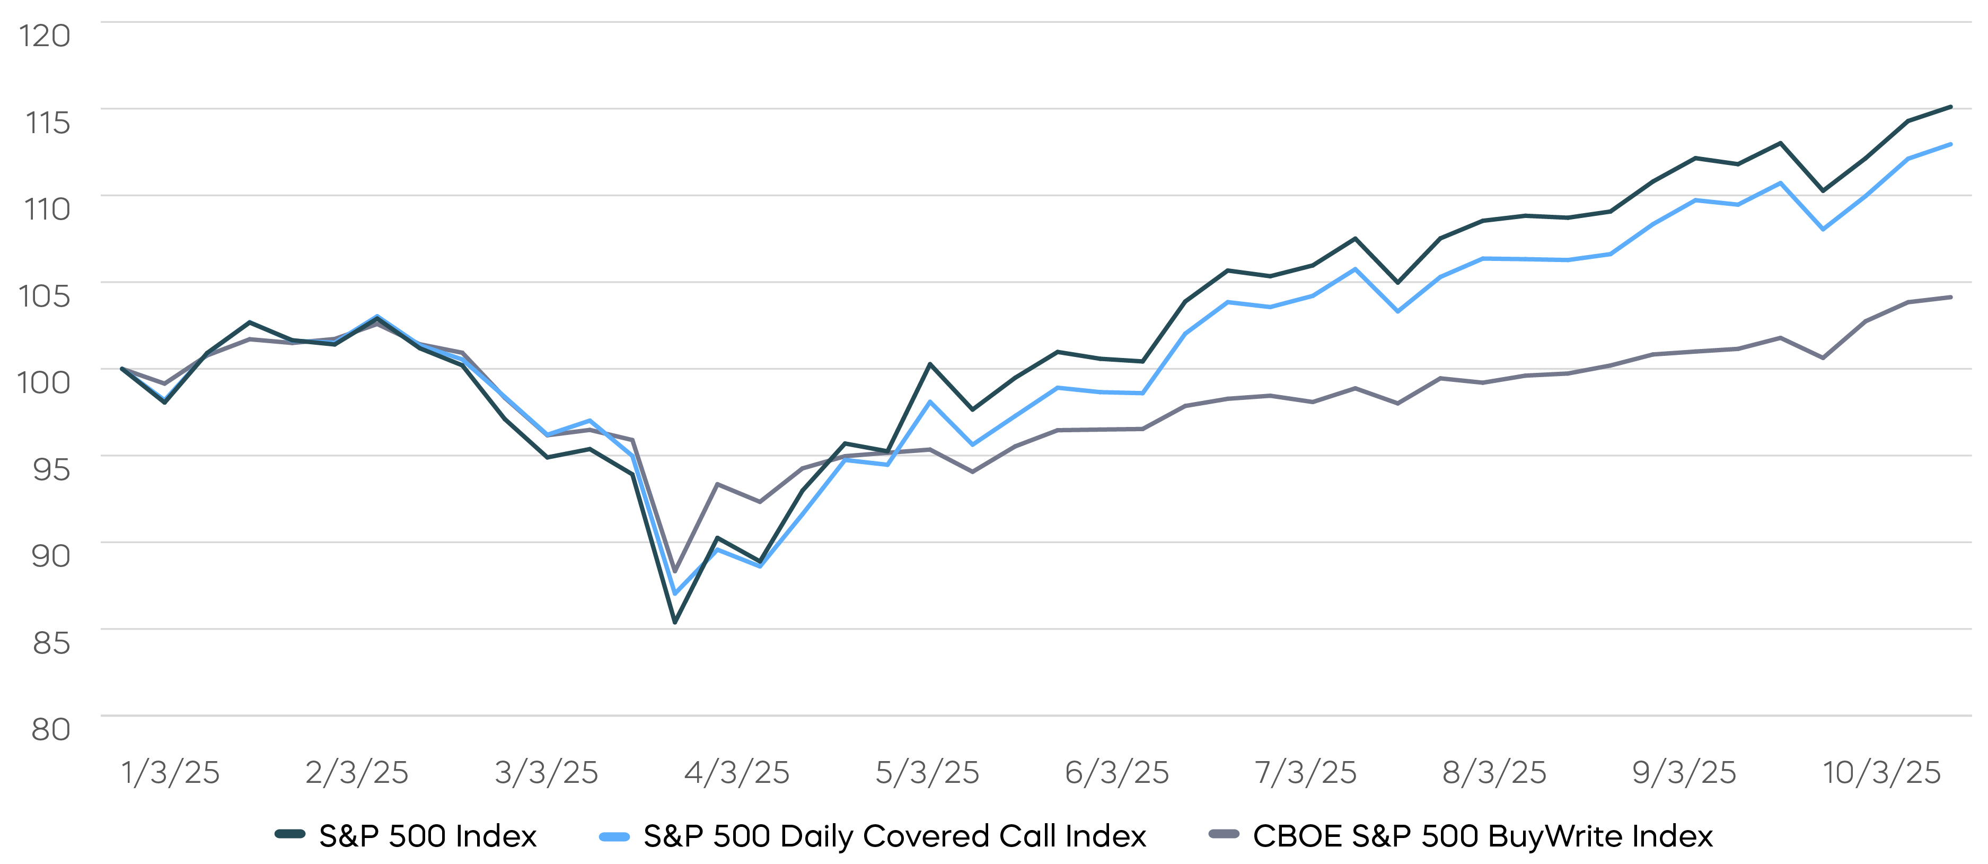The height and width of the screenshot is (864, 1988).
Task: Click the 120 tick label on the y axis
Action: coord(45,36)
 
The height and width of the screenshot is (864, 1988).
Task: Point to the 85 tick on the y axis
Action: coord(51,642)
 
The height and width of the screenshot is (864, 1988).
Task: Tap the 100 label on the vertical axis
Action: coord(44,382)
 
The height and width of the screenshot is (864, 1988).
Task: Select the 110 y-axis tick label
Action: coord(47,210)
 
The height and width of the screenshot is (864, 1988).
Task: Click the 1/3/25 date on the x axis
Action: coord(171,772)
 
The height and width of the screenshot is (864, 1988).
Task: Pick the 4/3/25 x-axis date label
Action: coord(737,772)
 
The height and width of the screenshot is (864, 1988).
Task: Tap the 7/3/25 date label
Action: coord(1306,772)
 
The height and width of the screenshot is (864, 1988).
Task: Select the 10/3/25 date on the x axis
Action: coord(1881,772)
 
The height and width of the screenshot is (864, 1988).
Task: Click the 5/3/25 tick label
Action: coord(927,772)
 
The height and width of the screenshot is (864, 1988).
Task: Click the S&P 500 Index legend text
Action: coord(427,836)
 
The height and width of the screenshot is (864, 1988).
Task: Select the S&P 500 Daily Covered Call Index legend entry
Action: coord(894,836)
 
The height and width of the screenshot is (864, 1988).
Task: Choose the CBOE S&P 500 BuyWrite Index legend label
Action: coord(1482,836)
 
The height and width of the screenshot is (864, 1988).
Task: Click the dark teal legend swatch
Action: coord(290,834)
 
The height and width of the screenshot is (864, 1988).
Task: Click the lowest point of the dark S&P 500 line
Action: coord(675,622)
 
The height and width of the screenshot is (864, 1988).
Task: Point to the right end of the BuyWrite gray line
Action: coord(1951,297)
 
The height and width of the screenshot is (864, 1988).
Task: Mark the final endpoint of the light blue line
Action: coord(1951,144)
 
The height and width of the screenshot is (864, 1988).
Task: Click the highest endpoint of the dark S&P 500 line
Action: coord(1951,107)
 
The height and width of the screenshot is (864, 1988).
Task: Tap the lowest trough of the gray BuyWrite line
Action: coord(675,571)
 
